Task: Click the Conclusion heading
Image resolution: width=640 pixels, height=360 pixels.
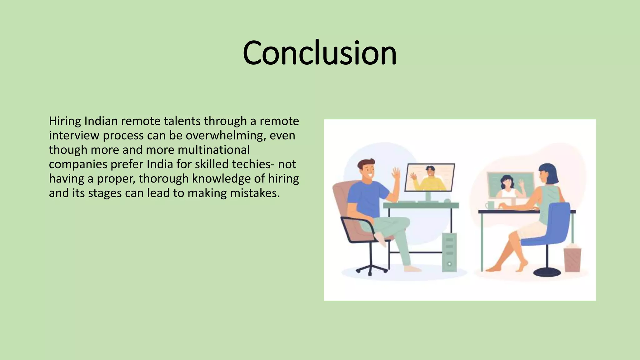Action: [x=319, y=53]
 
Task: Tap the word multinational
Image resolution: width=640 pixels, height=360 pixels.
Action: [x=214, y=150]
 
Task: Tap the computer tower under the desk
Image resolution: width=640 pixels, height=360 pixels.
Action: [x=449, y=252]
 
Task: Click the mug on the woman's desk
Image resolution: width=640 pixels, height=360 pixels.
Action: [x=490, y=205]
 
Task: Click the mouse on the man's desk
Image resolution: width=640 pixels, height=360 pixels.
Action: [x=447, y=201]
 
